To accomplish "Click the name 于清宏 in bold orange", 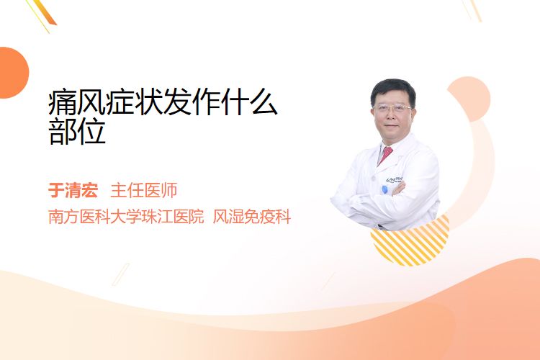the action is pyautogui.click(x=73, y=190).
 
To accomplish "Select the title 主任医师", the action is pyautogui.click(x=143, y=190).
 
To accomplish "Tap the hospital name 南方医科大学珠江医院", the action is pyautogui.click(x=126, y=217).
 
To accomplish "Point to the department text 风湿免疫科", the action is pyautogui.click(x=252, y=217).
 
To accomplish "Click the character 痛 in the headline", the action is pyautogui.click(x=63, y=102).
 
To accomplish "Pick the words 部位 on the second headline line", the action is pyautogui.click(x=77, y=131).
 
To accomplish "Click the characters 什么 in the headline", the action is pyautogui.click(x=249, y=102).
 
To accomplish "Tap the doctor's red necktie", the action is pyautogui.click(x=385, y=155).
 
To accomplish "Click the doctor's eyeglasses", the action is pyautogui.click(x=392, y=108).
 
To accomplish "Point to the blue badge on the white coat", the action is pyautogui.click(x=384, y=189).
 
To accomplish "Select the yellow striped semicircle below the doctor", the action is pyautogui.click(x=410, y=241).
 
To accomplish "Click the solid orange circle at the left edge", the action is pyautogui.click(x=13, y=73).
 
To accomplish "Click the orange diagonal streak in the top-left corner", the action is pyautogui.click(x=42, y=14).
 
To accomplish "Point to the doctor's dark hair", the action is pyautogui.click(x=393, y=90).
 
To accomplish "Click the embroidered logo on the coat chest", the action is pyautogui.click(x=395, y=179).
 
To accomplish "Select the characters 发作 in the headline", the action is pyautogui.click(x=192, y=102).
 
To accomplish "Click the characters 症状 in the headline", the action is pyautogui.click(x=135, y=102).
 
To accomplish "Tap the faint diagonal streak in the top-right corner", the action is pyautogui.click(x=472, y=9).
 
